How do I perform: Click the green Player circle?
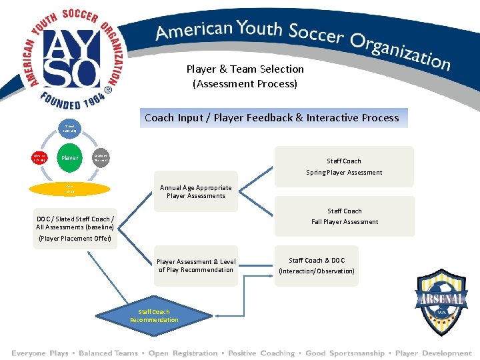[70, 158]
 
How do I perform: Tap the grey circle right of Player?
[101, 158]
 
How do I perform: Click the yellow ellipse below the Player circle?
[70, 189]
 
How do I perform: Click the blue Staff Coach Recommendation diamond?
[154, 315]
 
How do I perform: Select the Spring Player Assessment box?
[344, 167]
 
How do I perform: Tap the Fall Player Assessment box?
[344, 216]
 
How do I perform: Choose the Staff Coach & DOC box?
[316, 265]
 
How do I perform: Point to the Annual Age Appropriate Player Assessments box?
[195, 192]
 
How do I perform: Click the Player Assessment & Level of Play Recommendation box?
[196, 265]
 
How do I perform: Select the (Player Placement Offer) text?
[75, 238]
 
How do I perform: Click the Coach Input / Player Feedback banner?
[272, 118]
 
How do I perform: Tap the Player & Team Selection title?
[245, 76]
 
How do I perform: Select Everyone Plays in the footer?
[39, 353]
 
